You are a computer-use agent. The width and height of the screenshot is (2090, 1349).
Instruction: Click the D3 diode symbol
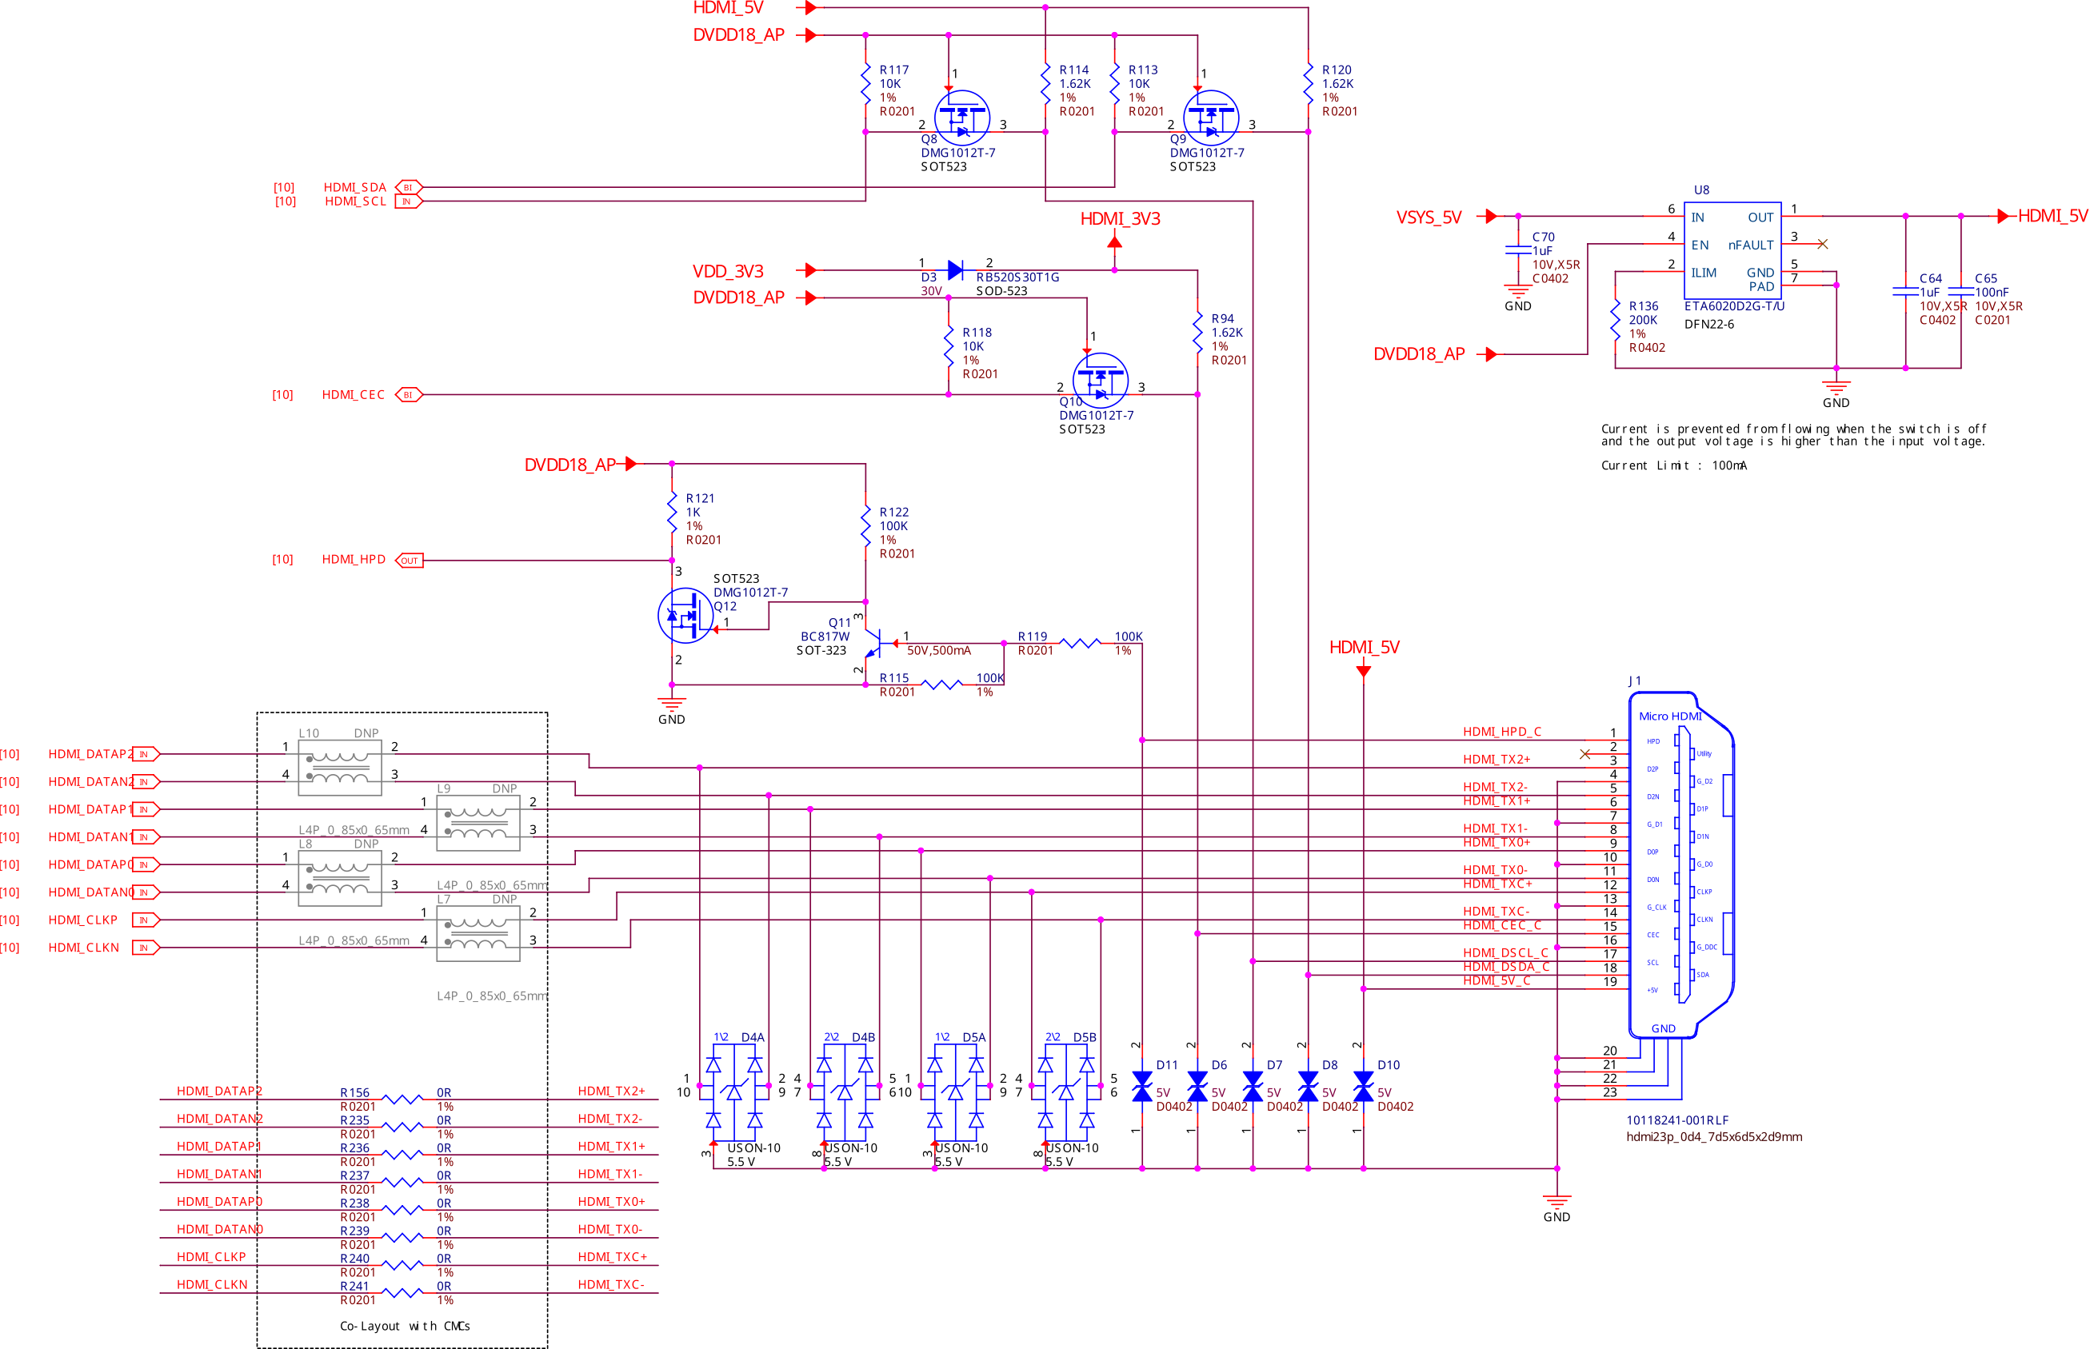(956, 270)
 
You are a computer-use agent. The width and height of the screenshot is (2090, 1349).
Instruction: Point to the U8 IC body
(1732, 250)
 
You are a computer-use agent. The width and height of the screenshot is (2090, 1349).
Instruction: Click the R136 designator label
(1643, 306)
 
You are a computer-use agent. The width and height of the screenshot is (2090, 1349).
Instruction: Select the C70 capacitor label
(1544, 237)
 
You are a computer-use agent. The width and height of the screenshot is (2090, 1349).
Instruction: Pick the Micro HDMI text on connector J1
(1669, 716)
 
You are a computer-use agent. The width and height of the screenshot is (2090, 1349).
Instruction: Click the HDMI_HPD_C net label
(1502, 732)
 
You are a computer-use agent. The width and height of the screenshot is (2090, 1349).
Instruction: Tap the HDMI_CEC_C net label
(1502, 926)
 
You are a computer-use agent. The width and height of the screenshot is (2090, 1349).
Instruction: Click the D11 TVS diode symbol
(1142, 1087)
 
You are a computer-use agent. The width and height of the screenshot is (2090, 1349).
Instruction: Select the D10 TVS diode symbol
(1363, 1087)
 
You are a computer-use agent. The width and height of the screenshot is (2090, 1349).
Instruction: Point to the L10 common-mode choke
(340, 768)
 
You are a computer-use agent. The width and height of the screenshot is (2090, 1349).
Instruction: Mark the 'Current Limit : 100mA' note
(1673, 466)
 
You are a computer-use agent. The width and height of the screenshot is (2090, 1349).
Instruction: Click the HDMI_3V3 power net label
(1120, 219)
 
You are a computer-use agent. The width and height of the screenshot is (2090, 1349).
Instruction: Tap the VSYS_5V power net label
(1429, 218)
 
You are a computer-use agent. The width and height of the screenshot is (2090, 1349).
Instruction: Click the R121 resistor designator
(700, 498)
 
